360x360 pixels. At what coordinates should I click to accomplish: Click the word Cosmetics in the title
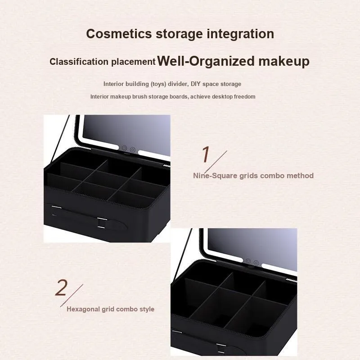click(119, 34)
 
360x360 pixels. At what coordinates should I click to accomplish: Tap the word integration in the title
click(240, 34)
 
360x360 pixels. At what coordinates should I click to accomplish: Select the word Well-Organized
click(206, 61)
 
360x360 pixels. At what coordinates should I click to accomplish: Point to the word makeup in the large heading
click(284, 62)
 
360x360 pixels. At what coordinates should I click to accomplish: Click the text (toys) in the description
click(158, 84)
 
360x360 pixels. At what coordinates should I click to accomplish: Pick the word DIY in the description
click(196, 84)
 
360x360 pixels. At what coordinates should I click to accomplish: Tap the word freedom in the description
click(244, 97)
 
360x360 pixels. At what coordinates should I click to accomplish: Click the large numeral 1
click(206, 154)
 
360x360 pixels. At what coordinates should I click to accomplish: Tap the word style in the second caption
click(147, 309)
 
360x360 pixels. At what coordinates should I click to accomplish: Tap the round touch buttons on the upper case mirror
click(128, 149)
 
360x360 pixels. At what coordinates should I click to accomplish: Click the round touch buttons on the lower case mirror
click(252, 262)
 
